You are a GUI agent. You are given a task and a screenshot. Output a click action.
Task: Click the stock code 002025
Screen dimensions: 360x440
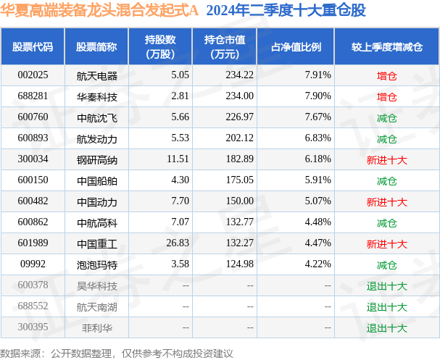point(33,75)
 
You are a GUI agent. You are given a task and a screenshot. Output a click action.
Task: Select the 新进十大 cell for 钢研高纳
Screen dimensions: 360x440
point(386,159)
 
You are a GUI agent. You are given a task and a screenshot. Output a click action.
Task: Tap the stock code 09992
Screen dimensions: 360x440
point(33,264)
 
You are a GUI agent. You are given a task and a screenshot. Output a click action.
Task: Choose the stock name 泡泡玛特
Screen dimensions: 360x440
point(96,264)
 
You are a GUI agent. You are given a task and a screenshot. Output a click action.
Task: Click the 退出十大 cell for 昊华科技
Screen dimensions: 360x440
point(386,285)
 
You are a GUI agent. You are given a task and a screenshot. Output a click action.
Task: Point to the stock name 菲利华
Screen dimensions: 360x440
point(91,327)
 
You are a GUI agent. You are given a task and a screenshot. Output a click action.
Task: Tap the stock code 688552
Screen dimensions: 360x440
point(33,306)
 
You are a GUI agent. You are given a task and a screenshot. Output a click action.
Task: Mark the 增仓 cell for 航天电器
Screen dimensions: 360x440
point(386,75)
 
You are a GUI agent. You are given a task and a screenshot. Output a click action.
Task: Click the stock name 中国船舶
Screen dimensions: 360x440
point(96,180)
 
